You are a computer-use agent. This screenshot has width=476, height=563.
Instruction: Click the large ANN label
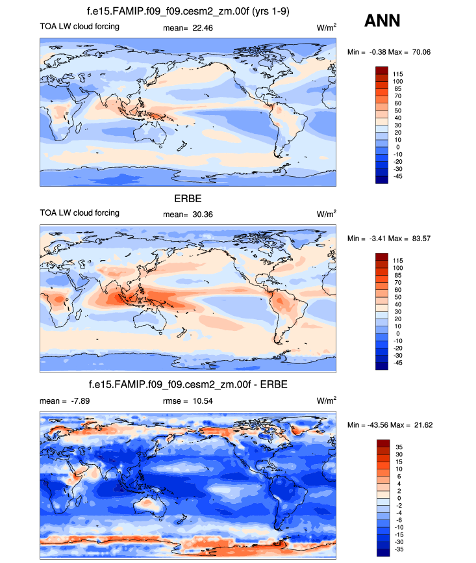(382, 21)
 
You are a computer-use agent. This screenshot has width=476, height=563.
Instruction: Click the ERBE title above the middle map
(188, 199)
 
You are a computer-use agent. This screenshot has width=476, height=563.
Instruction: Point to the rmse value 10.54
(206, 400)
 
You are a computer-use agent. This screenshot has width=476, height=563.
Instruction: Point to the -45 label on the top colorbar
(396, 176)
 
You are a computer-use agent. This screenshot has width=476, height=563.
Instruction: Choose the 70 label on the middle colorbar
(396, 283)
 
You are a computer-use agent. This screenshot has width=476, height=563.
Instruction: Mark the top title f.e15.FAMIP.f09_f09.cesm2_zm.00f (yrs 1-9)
(188, 11)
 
